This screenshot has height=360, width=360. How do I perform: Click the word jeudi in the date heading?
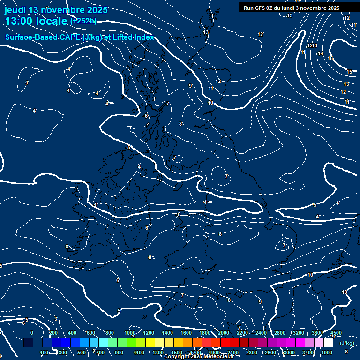tap(16, 10)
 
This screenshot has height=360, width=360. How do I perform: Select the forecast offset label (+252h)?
tap(83, 21)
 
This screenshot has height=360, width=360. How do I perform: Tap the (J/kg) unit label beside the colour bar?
tap(346, 344)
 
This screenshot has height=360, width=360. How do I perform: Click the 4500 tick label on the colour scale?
tap(336, 333)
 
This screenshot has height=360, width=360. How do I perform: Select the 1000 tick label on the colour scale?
tap(130, 333)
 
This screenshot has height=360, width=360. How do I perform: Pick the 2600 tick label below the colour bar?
tap(270, 352)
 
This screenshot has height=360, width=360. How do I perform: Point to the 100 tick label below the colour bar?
tap(44, 352)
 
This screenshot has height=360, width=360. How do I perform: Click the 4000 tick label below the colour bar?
tap(327, 352)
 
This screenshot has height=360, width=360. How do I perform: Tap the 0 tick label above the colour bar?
tap(32, 333)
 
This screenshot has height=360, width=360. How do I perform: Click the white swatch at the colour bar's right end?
tap(328, 343)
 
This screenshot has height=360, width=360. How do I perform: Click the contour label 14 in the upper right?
tap(321, 53)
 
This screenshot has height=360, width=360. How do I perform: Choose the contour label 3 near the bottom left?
tap(55, 319)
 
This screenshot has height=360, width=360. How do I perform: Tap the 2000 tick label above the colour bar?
tap(224, 333)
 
